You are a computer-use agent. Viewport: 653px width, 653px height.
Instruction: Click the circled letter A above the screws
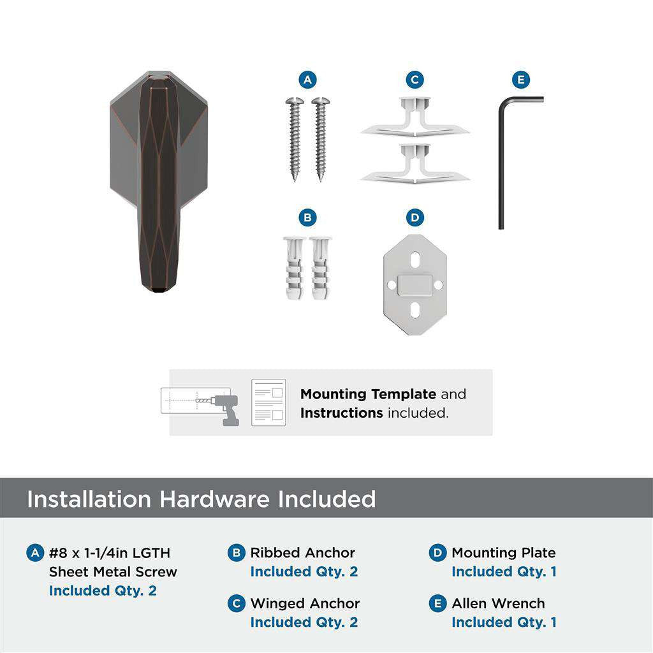307,80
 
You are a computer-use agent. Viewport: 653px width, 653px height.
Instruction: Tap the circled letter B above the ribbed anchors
307,218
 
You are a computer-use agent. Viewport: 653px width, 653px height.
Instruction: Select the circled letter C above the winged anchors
415,80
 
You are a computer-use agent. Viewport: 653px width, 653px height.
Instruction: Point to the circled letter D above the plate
415,218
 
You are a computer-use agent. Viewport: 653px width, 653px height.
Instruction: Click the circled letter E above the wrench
521,80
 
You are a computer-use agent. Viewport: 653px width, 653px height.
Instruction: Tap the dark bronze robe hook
158,182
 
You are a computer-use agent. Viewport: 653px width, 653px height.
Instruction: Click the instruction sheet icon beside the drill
268,402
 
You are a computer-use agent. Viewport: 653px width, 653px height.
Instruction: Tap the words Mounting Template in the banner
368,394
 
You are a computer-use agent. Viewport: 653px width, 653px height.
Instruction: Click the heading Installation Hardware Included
201,499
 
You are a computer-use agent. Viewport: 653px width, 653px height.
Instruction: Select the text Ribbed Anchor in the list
302,553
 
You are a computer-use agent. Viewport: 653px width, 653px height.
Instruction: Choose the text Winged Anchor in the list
305,603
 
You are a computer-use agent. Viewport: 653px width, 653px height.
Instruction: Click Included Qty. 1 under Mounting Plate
504,572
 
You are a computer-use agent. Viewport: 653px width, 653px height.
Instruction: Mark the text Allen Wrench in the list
498,603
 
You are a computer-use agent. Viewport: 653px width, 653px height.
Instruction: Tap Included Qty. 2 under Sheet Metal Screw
103,591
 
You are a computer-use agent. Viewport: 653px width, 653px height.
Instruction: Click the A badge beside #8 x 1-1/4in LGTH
35,553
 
